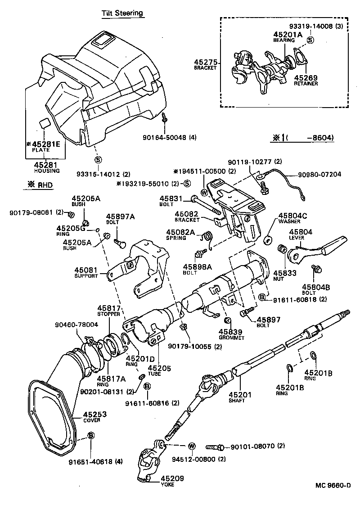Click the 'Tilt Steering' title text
122,13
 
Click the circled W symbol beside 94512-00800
192,446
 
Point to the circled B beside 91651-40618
91,435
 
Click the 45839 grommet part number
231,331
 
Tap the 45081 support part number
86,270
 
